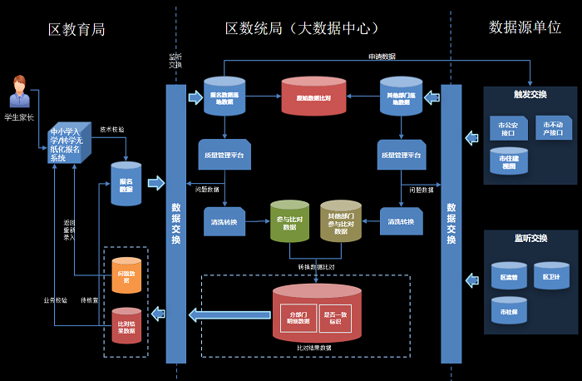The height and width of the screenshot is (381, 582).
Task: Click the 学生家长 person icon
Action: (x=18, y=92)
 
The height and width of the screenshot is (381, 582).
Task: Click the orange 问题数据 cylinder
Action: (x=126, y=276)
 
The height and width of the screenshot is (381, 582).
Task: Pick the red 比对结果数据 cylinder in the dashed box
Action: (x=126, y=327)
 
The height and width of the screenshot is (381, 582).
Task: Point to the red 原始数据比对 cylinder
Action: (x=313, y=96)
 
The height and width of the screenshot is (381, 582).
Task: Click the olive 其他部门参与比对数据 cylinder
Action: (x=341, y=221)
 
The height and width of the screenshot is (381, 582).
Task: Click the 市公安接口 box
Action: (x=507, y=128)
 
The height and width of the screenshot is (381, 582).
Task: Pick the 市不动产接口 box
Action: (x=553, y=127)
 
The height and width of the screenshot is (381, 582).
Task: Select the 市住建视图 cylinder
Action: (x=508, y=161)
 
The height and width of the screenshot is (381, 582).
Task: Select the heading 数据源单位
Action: (x=525, y=27)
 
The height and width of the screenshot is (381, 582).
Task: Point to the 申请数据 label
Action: (x=382, y=57)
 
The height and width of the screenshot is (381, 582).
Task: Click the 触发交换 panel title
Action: (x=530, y=95)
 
